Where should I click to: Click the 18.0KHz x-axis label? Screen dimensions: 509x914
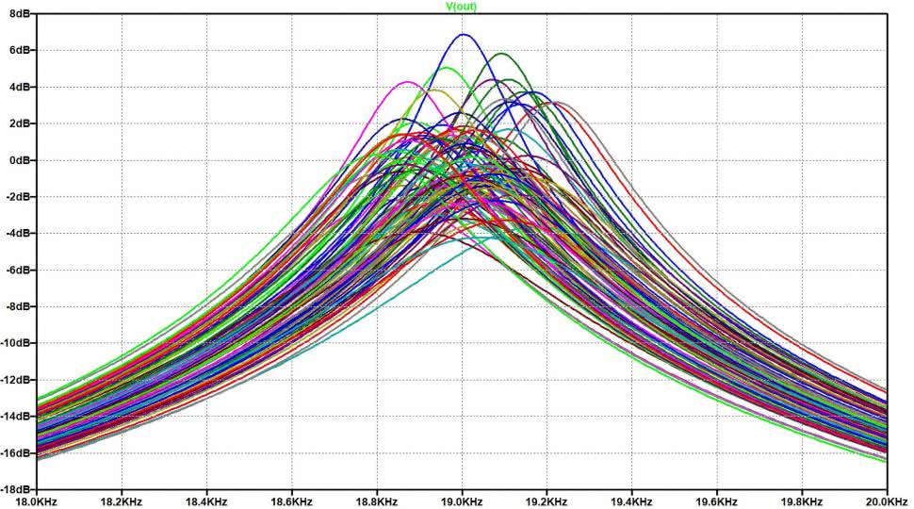pyautogui.click(x=38, y=501)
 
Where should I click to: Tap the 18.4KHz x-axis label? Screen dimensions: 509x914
pyautogui.click(x=206, y=501)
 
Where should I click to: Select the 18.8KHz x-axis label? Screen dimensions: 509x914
pyautogui.click(x=377, y=501)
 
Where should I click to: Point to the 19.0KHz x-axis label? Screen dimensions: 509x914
pyautogui.click(x=462, y=501)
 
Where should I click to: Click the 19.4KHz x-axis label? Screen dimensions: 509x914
pyautogui.click(x=631, y=501)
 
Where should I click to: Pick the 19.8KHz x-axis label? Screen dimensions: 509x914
pyautogui.click(x=801, y=501)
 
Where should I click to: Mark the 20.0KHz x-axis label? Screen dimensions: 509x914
pyautogui.click(x=886, y=501)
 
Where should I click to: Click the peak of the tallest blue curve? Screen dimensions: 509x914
pyautogui.click(x=463, y=35)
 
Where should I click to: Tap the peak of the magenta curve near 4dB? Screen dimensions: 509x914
pyautogui.click(x=406, y=82)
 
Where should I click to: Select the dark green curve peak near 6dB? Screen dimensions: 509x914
pyautogui.click(x=500, y=54)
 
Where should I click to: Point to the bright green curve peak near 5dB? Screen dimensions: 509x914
pyautogui.click(x=448, y=68)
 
